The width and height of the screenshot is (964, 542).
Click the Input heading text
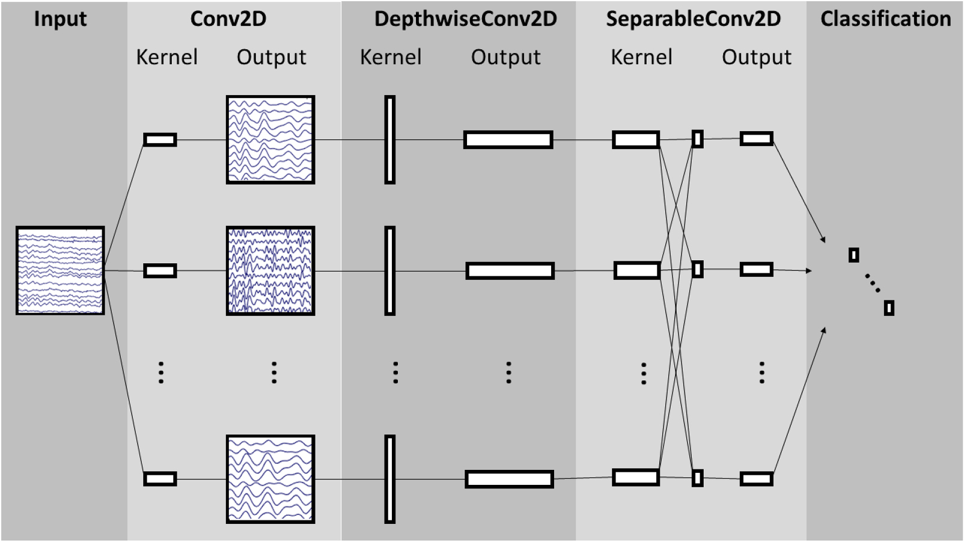tap(60, 19)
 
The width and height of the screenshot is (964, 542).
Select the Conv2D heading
tap(228, 19)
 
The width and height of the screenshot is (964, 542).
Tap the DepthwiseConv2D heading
tap(465, 19)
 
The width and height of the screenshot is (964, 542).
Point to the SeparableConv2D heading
tap(693, 19)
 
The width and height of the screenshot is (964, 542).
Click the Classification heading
tap(885, 19)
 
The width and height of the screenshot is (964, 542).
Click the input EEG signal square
tap(60, 270)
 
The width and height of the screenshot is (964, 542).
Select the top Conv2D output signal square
tap(270, 139)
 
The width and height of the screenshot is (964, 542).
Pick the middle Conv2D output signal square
tap(270, 270)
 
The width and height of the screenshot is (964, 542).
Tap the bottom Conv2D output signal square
tap(270, 479)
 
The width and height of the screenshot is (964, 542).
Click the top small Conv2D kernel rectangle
tap(160, 140)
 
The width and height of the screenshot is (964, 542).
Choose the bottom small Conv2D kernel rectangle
tap(160, 479)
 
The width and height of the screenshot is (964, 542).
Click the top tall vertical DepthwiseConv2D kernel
tap(390, 139)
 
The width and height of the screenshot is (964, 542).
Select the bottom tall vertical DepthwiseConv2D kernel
tap(390, 479)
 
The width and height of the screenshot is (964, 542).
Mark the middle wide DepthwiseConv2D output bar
tap(510, 270)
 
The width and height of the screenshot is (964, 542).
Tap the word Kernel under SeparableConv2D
tap(641, 57)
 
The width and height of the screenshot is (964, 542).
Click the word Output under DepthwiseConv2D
tap(505, 57)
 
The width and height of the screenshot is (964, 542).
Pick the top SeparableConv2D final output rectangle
tap(756, 139)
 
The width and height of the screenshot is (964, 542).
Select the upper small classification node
tap(853, 255)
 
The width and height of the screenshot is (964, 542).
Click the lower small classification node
tap(889, 308)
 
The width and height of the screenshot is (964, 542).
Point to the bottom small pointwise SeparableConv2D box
tap(697, 478)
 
